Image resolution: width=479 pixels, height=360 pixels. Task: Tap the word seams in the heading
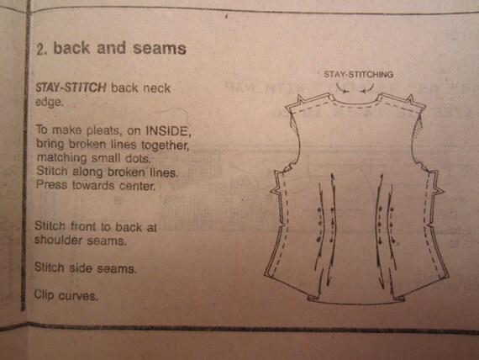coord(160,49)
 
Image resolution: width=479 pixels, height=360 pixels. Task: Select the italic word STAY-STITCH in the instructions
coord(71,87)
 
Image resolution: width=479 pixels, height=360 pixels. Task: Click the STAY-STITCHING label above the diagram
coord(358,74)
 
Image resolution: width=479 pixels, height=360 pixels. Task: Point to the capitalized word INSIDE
coord(168,131)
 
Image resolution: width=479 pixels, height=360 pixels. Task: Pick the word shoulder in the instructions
coord(58,240)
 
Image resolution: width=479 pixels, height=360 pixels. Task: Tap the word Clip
coord(45,295)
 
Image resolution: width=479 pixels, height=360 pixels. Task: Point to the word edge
coord(50,102)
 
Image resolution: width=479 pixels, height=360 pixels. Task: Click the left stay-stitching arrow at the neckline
coord(342,88)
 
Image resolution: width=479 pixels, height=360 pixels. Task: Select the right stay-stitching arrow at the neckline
coord(367,88)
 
